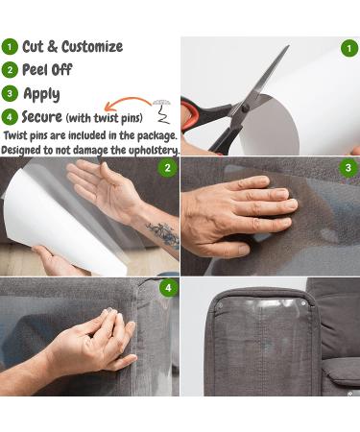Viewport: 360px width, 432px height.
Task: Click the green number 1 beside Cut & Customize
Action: [x=10, y=47]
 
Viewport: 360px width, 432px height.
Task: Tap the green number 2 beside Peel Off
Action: [x=10, y=70]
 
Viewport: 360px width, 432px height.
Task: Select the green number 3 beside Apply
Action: [x=10, y=93]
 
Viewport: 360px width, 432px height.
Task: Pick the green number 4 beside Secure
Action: [x=10, y=117]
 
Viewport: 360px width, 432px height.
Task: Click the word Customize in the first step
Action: [x=92, y=47]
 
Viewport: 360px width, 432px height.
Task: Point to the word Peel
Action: [x=35, y=70]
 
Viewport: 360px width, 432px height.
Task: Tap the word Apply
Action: [x=41, y=94]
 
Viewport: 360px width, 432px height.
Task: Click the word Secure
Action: [x=42, y=117]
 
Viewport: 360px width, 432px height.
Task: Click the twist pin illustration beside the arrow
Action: [x=162, y=111]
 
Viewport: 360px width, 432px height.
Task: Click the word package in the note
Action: [x=157, y=136]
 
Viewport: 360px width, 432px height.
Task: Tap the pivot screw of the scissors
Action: [x=246, y=108]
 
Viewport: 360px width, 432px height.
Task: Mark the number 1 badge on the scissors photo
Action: [x=349, y=48]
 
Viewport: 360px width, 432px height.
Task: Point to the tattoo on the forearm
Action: [x=163, y=234]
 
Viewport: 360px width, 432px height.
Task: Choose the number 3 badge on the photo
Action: [x=348, y=168]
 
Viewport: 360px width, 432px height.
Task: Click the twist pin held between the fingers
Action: [x=109, y=311]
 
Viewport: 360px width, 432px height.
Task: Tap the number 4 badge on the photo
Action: [x=168, y=288]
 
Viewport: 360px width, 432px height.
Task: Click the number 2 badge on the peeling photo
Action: [x=168, y=168]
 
